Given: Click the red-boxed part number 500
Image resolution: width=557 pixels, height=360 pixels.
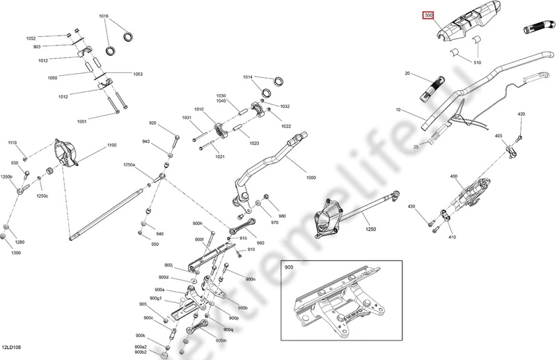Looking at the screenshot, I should pos(429,15).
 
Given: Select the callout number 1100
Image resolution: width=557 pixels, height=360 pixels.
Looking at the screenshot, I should pos(111,146).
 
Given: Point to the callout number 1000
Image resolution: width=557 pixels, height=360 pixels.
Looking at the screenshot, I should pos(311,178).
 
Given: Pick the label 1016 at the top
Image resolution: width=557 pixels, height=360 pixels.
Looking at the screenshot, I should pos(104,15).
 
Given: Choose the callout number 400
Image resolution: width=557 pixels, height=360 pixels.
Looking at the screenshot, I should pos(454,177).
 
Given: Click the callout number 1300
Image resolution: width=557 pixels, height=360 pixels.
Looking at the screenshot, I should pos(16,253).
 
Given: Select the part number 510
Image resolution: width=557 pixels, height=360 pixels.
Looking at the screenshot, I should pos(477,63).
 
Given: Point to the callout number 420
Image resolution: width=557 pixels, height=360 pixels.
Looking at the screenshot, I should pos(521,114).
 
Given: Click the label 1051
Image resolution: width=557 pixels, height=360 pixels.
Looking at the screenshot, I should pos(82,122).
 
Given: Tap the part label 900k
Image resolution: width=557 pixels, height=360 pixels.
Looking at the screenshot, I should pos(140,336).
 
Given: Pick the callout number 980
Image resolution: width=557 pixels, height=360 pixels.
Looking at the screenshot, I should pos(282,216).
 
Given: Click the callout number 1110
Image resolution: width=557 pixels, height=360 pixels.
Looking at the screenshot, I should pos(12,142).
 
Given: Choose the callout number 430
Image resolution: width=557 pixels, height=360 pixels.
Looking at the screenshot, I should pos(411,207).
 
